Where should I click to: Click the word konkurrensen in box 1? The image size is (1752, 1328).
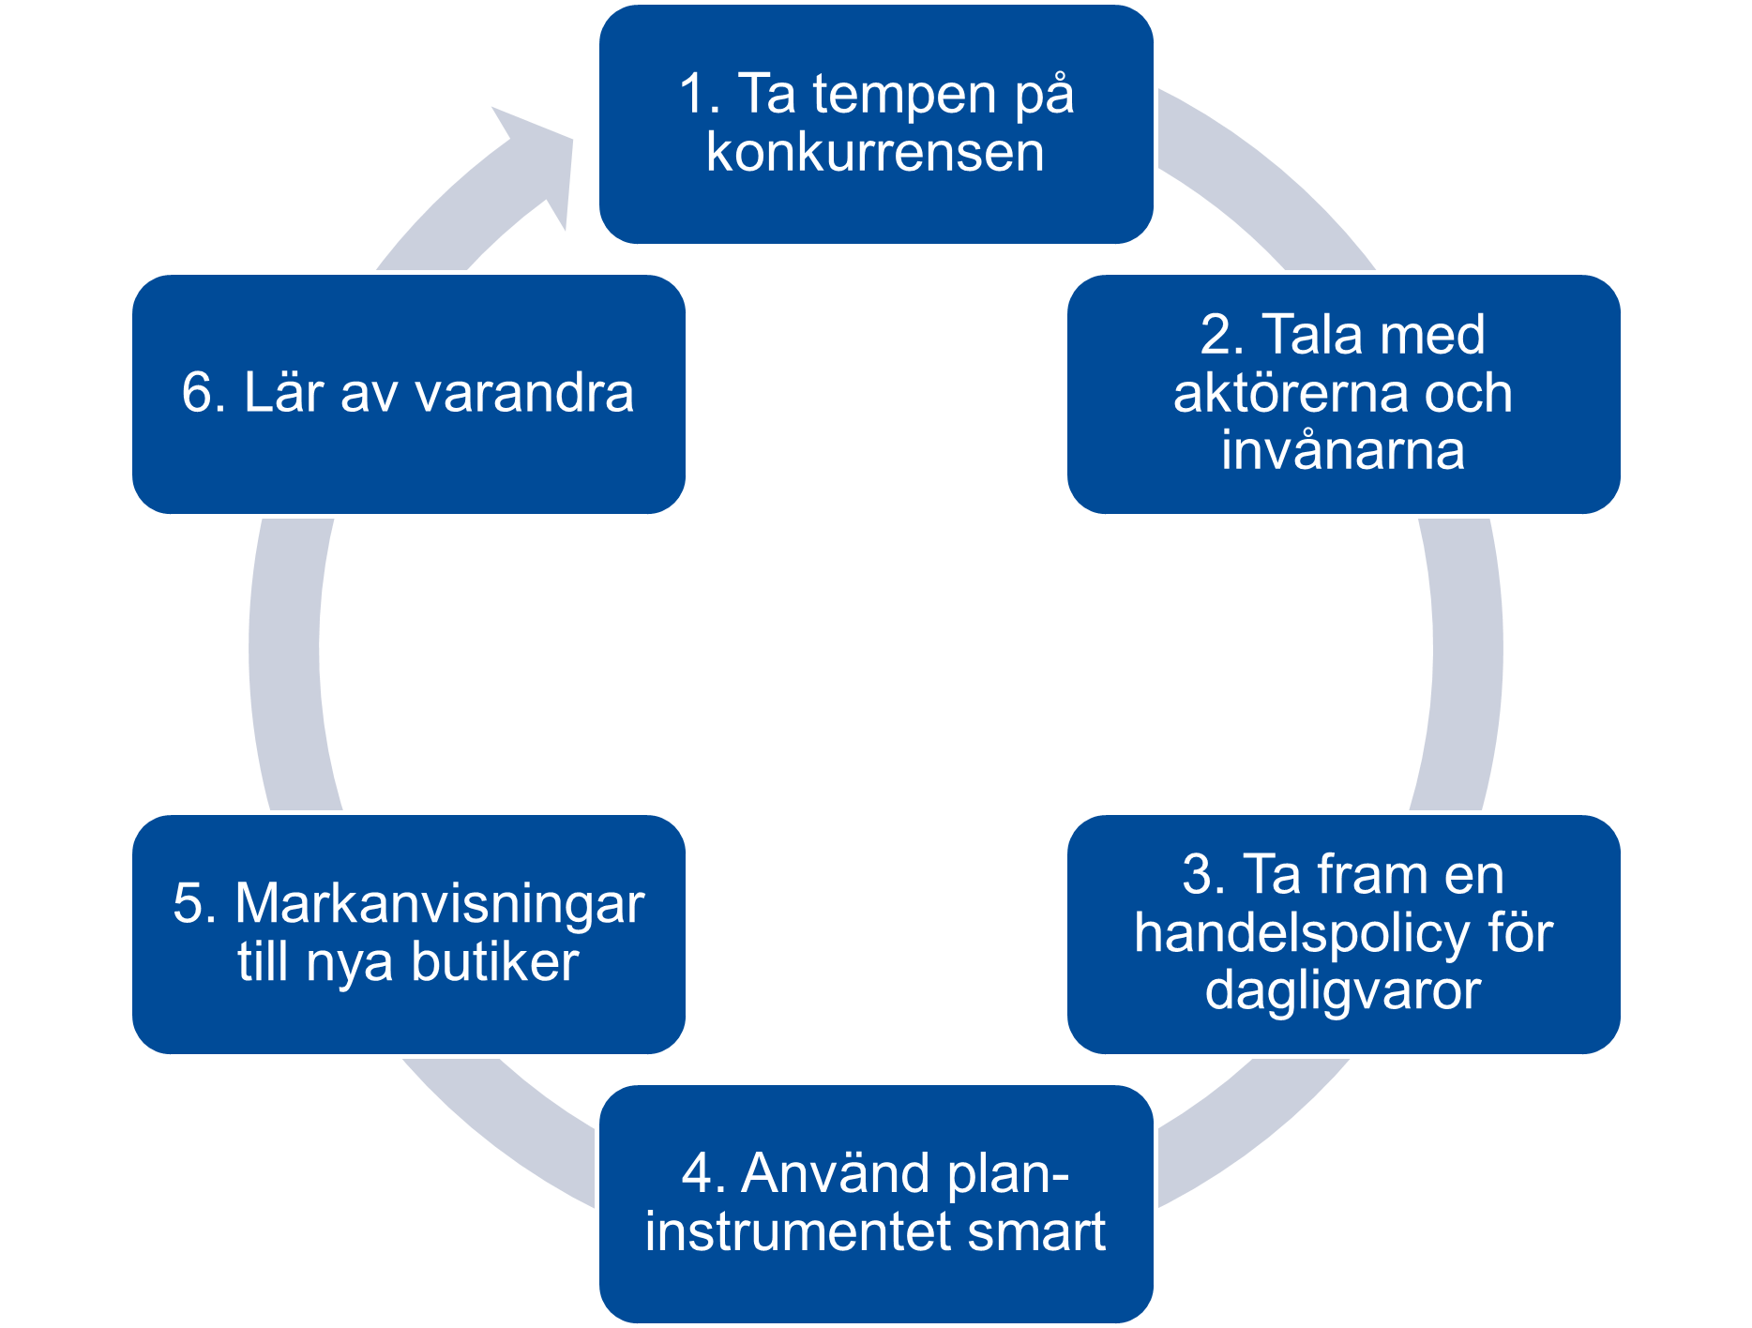tap(875, 153)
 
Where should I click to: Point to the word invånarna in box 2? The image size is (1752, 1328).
tap(1342, 450)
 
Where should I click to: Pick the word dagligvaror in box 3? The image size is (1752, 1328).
tap(1342, 990)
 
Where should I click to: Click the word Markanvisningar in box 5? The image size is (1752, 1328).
tap(439, 904)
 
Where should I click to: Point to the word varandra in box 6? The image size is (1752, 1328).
tap(523, 393)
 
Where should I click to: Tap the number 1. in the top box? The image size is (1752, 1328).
tap(699, 95)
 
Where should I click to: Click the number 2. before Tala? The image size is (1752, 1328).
tap(1222, 336)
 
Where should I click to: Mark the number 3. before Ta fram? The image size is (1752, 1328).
tap(1204, 875)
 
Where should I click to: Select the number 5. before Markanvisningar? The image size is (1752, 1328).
tap(195, 904)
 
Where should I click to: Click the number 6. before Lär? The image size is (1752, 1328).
tap(204, 393)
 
